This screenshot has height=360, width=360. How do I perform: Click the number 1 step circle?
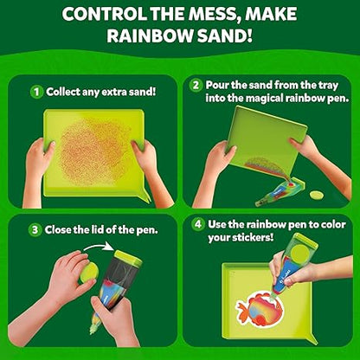[x=36, y=92]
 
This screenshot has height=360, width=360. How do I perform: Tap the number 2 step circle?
[x=196, y=86]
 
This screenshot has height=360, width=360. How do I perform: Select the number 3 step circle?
[x=35, y=230]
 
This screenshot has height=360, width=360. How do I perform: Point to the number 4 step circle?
[x=198, y=224]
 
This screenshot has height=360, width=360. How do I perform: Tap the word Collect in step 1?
[x=63, y=92]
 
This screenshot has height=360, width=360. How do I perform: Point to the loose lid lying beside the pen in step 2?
[x=317, y=195]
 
